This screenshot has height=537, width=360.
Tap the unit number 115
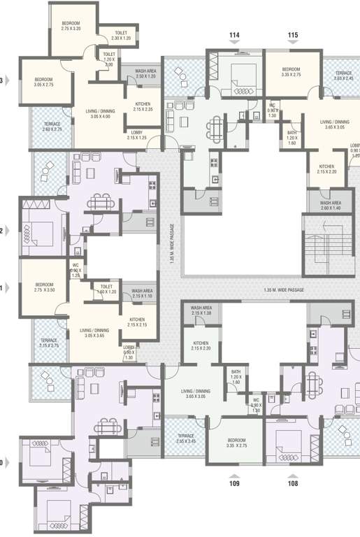click(x=293, y=34)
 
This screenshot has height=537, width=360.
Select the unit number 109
click(x=235, y=482)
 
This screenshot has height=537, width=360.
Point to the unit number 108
click(x=292, y=482)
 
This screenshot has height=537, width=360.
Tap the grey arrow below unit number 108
click(x=292, y=473)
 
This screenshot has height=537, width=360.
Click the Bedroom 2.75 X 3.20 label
click(x=71, y=26)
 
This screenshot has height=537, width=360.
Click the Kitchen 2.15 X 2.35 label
click(x=143, y=106)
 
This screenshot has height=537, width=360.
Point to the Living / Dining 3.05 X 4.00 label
click(x=101, y=113)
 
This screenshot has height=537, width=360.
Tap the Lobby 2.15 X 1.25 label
click(x=137, y=135)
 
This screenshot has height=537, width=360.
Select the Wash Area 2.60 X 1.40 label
click(x=326, y=206)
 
